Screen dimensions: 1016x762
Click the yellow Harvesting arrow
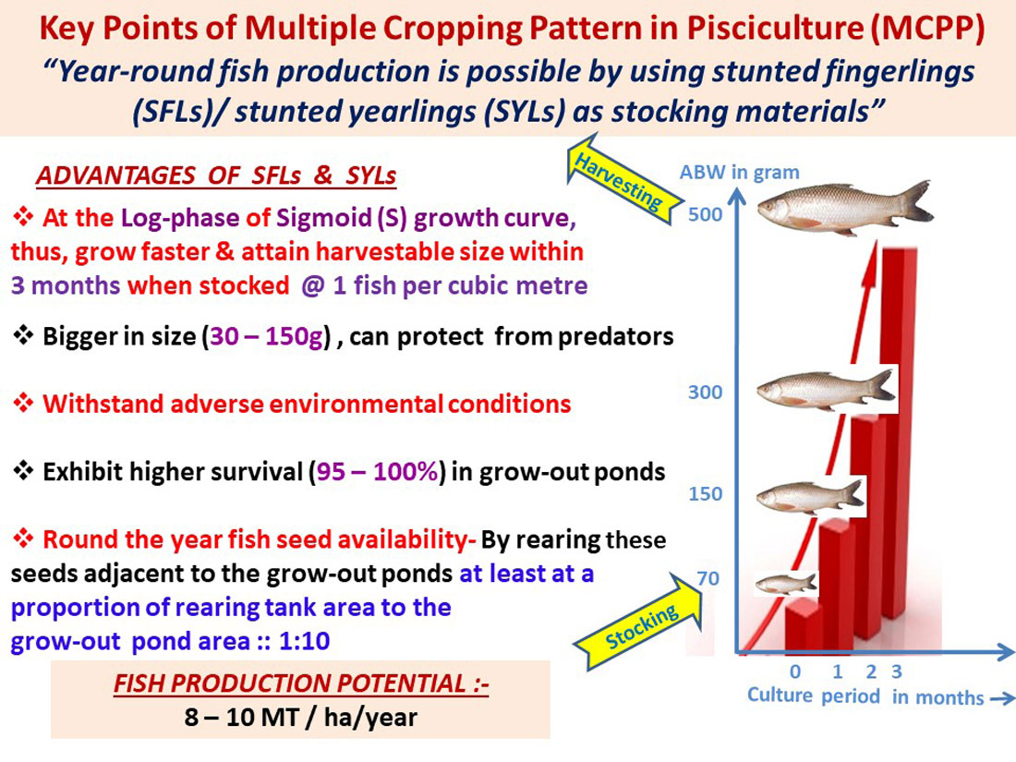(x=619, y=178)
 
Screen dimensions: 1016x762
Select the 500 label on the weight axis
(x=705, y=214)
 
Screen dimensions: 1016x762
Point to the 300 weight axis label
(x=705, y=392)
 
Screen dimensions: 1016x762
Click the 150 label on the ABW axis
(x=705, y=494)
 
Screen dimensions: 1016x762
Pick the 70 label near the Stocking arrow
(x=708, y=578)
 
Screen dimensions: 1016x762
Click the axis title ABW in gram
(x=739, y=173)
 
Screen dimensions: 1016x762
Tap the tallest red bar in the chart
(x=900, y=433)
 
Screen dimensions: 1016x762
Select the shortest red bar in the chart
(x=804, y=624)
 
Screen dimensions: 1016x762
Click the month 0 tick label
(x=795, y=671)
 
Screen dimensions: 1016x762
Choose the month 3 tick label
(x=897, y=671)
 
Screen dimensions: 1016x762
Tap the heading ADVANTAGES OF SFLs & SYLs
(x=216, y=175)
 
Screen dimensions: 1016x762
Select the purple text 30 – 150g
(x=266, y=337)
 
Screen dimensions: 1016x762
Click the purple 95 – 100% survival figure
(x=377, y=472)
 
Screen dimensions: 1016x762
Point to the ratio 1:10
(x=304, y=642)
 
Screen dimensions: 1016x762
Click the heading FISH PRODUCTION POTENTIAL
(x=301, y=683)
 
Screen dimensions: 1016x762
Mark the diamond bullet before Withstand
(x=23, y=403)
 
